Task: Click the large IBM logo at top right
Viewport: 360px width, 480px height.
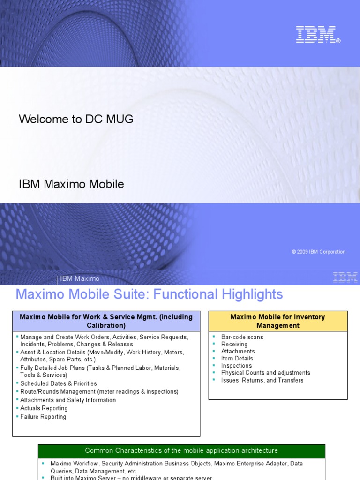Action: pyautogui.click(x=317, y=35)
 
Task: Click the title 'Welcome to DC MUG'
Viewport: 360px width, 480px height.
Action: pyautogui.click(x=76, y=119)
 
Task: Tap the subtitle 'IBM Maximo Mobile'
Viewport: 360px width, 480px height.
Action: pyautogui.click(x=71, y=184)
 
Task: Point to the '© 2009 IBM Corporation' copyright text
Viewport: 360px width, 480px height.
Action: pyautogui.click(x=318, y=252)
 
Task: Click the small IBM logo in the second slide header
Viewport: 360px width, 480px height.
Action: pyautogui.click(x=345, y=277)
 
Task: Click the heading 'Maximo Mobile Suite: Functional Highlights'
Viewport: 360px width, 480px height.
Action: pyautogui.click(x=149, y=294)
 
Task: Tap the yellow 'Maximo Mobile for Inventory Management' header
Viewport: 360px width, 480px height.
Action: pyautogui.click(x=277, y=321)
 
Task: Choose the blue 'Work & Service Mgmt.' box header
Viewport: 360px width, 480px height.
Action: pyautogui.click(x=106, y=321)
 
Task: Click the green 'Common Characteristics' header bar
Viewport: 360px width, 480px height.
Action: pyautogui.click(x=181, y=450)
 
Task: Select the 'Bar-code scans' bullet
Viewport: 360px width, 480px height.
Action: pyautogui.click(x=242, y=337)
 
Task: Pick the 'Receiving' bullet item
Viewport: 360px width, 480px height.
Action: pyautogui.click(x=234, y=344)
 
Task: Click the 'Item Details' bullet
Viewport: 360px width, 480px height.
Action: pyautogui.click(x=237, y=359)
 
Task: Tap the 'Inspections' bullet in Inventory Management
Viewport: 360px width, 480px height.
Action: pyautogui.click(x=236, y=366)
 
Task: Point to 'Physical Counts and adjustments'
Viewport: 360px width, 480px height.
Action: pyautogui.click(x=265, y=373)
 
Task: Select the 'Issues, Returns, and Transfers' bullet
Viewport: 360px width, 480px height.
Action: pyautogui.click(x=262, y=380)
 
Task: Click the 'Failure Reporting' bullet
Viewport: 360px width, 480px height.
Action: pyautogui.click(x=43, y=417)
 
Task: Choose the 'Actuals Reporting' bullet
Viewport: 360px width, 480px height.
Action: pyautogui.click(x=44, y=408)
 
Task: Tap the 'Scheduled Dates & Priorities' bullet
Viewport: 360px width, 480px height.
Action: pyautogui.click(x=59, y=383)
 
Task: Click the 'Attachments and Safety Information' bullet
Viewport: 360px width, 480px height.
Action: pyautogui.click(x=68, y=400)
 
